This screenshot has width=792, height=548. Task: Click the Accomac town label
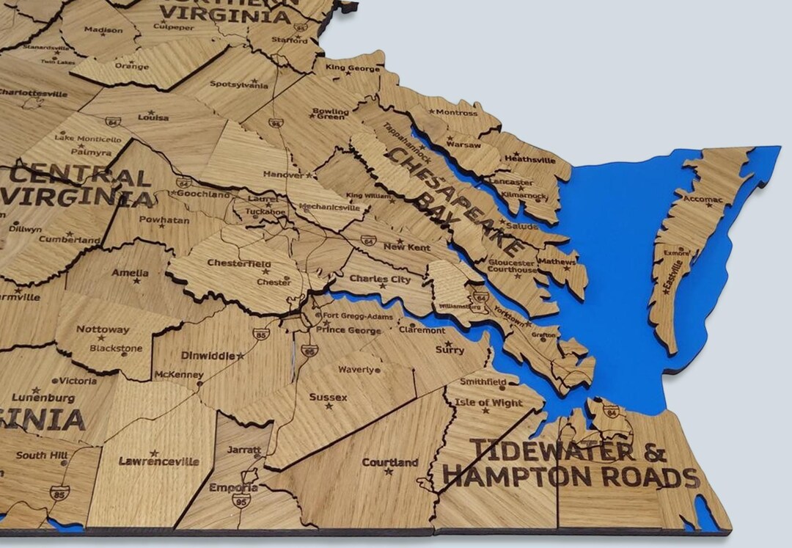(x=703, y=199)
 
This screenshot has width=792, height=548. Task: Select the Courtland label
(x=390, y=462)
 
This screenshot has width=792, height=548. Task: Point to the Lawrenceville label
(x=158, y=461)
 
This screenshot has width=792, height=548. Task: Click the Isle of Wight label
(x=488, y=403)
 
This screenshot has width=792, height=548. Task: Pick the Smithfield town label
(x=483, y=382)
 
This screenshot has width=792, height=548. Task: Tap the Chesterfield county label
(x=238, y=263)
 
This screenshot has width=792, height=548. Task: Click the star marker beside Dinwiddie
(x=241, y=355)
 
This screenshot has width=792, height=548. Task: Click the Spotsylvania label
(x=238, y=84)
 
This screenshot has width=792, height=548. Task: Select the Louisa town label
(x=153, y=117)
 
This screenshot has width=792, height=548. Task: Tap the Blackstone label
(x=116, y=348)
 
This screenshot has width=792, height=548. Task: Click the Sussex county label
(x=328, y=397)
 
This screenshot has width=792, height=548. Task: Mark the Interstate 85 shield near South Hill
(x=60, y=491)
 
